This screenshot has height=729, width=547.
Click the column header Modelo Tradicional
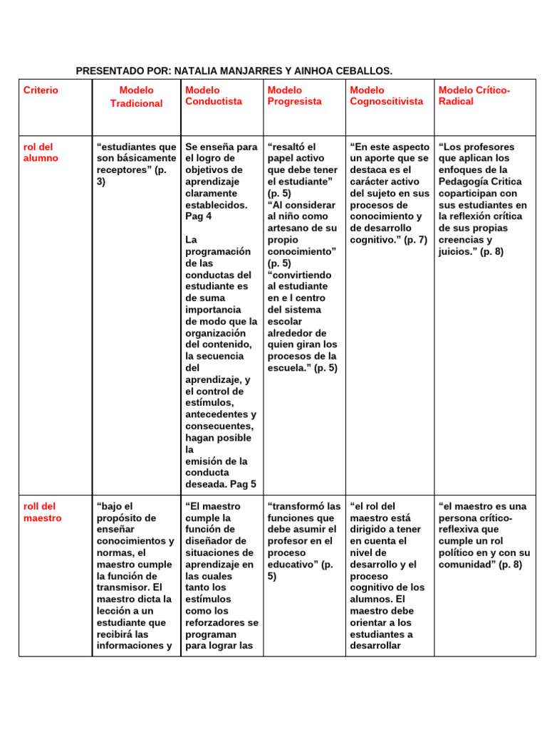click(x=136, y=97)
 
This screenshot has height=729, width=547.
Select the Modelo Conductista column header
click(x=213, y=95)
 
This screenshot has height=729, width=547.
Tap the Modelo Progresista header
click(x=293, y=95)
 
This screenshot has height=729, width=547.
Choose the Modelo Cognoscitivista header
click(x=386, y=95)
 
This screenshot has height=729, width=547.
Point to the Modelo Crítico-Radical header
click(x=474, y=95)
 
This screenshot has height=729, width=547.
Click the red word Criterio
click(x=41, y=90)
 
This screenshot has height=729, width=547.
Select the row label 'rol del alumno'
click(x=41, y=152)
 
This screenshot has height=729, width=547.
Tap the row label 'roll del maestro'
click(x=42, y=512)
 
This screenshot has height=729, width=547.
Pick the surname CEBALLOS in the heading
click(x=365, y=71)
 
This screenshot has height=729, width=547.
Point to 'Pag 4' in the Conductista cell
click(x=199, y=216)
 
